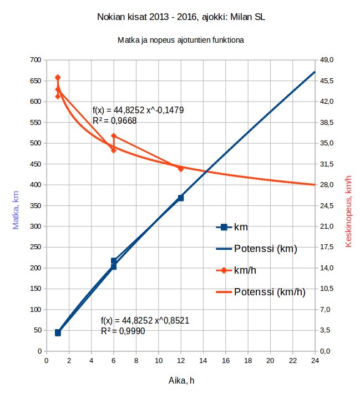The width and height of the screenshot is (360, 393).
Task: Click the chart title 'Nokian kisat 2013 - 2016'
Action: pyautogui.click(x=180, y=18)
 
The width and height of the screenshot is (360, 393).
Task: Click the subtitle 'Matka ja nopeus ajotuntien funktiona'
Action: pyautogui.click(x=180, y=41)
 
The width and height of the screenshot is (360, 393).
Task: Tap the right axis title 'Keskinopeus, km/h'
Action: pyautogui.click(x=349, y=211)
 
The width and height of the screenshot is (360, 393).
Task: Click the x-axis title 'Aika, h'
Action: pyautogui.click(x=181, y=381)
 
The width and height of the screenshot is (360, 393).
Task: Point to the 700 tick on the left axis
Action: pyautogui.click(x=36, y=60)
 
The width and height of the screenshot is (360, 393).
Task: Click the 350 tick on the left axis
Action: pyautogui.click(x=36, y=206)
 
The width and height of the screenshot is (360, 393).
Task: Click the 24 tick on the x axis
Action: pyautogui.click(x=315, y=360)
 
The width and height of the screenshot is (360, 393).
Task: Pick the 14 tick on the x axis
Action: pyautogui.click(x=203, y=360)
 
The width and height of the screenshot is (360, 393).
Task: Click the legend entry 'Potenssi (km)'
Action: pyautogui.click(x=265, y=249)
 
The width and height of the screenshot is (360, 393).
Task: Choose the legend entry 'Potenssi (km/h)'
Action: pyautogui.click(x=270, y=292)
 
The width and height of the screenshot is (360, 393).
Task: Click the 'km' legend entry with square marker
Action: pyautogui.click(x=241, y=227)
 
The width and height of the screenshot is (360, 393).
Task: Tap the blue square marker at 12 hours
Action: pyautogui.click(x=180, y=198)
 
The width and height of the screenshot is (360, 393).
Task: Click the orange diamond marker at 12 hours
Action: pyautogui.click(x=181, y=168)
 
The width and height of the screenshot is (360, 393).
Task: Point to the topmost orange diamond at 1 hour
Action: pyautogui.click(x=58, y=78)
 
